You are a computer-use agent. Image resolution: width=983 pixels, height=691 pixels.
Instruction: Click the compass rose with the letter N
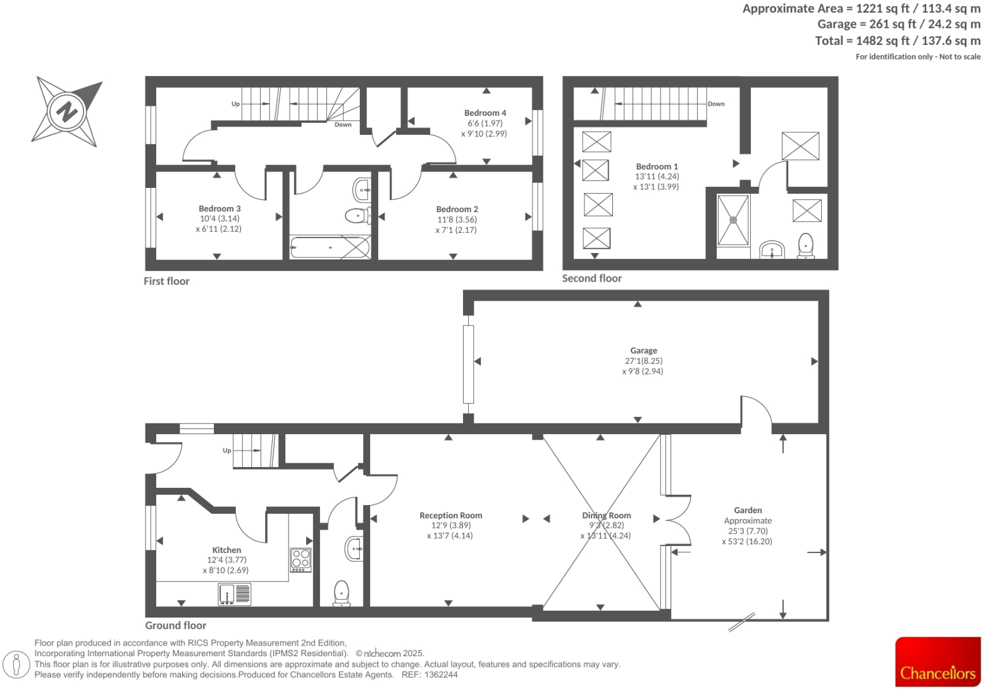pos(66,112)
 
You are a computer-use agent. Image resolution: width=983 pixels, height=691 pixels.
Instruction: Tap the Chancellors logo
pos(937,662)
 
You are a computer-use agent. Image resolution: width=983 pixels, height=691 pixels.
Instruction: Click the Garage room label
pos(643,351)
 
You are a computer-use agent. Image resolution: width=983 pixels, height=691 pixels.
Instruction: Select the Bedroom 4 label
pos(485,113)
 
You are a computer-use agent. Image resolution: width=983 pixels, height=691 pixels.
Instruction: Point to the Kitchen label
pos(226,550)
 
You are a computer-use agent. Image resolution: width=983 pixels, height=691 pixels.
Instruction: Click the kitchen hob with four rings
pos(300,559)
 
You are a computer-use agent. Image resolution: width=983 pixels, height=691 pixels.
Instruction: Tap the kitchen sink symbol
pos(234,594)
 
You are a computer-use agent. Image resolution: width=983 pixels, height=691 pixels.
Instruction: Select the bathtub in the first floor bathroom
pos(330,247)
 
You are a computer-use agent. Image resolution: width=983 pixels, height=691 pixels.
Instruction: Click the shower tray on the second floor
pos(733,220)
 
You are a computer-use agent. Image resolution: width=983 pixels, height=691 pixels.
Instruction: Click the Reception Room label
pos(450,516)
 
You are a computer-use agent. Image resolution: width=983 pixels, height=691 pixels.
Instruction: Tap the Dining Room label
pos(607,516)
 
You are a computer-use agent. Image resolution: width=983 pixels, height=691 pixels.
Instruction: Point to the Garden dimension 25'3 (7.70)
pos(748,531)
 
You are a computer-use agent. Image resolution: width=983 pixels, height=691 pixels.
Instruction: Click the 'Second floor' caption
pos(591,278)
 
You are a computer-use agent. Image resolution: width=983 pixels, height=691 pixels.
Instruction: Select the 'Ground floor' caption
pos(176,625)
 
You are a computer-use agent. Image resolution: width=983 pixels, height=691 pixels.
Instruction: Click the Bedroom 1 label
pos(657,166)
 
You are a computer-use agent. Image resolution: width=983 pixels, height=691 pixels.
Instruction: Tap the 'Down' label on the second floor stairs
pos(716,104)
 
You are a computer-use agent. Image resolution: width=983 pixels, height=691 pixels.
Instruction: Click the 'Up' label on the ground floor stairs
pos(227,451)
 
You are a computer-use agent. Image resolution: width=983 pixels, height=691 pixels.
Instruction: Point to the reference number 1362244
pos(442,675)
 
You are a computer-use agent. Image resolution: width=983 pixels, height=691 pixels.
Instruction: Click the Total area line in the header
pos(898,41)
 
